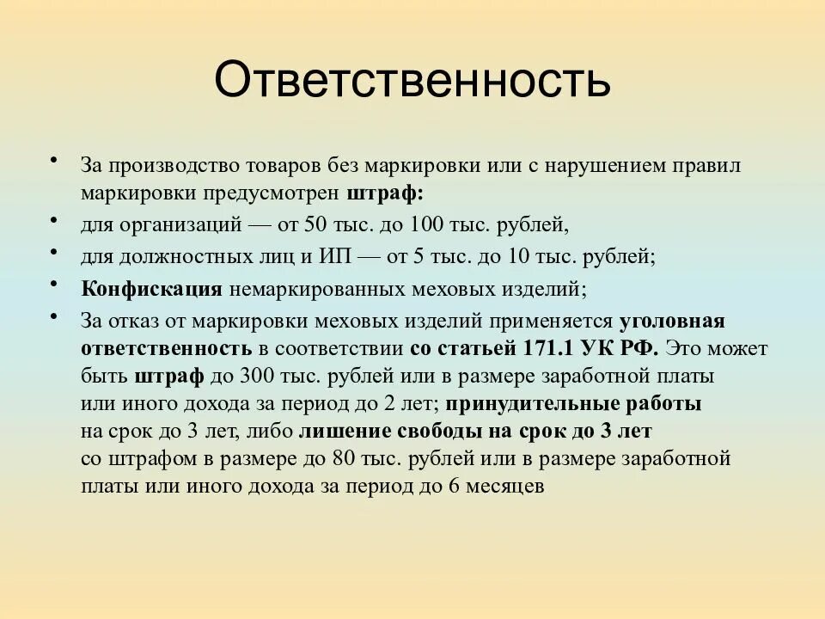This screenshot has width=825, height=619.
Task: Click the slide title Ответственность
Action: click(412, 80)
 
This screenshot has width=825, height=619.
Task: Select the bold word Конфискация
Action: click(153, 289)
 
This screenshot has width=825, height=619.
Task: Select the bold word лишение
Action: click(343, 431)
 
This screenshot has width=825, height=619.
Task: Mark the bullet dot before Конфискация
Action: click(54, 282)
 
